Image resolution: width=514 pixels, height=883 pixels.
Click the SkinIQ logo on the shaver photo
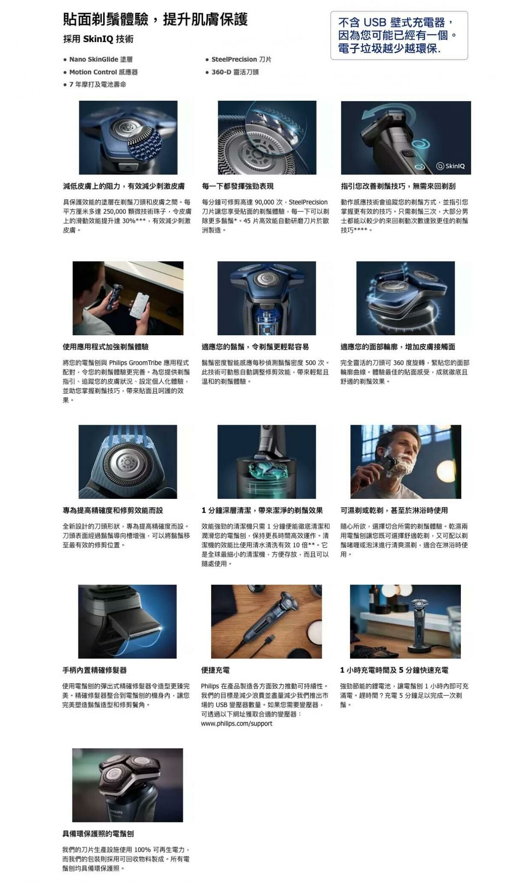450,166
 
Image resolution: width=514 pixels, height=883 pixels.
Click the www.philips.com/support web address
236,723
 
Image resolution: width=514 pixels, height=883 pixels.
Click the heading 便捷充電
215,670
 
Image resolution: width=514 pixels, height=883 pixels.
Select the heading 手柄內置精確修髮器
95,670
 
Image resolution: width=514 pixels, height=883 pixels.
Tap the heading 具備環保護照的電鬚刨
98,833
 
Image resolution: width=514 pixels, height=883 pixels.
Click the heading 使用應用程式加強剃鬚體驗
106,346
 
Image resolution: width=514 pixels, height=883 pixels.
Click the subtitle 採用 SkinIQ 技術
98,39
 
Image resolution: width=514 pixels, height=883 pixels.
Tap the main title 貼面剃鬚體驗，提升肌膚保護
155,19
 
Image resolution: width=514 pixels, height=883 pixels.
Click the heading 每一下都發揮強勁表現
237,186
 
